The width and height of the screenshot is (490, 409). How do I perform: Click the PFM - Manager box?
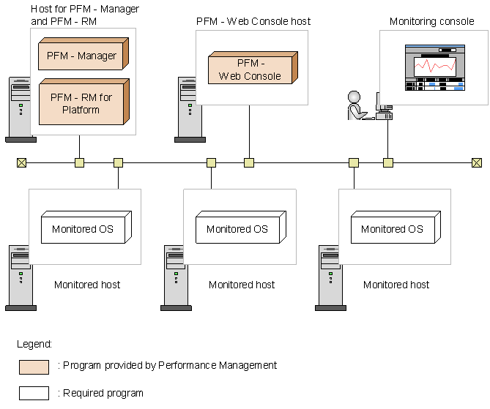(81, 56)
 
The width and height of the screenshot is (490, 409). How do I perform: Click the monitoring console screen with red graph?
(435, 67)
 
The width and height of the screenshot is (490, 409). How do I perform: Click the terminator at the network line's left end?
(21, 162)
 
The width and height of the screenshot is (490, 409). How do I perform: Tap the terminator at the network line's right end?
(477, 162)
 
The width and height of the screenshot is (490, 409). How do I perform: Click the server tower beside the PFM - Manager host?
(20, 109)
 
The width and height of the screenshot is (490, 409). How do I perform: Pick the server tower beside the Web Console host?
(189, 109)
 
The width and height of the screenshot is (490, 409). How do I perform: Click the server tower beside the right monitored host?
(330, 278)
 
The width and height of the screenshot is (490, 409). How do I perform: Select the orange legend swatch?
(34, 367)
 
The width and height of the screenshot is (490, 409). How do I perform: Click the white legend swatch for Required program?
(34, 393)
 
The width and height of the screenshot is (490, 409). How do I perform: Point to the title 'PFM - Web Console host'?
(253, 21)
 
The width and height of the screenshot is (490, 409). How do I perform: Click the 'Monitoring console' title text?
(431, 21)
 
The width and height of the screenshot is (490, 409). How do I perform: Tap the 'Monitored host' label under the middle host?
(242, 285)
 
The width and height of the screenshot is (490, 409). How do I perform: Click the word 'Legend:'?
(34, 343)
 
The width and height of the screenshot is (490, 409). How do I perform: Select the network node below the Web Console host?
(249, 162)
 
